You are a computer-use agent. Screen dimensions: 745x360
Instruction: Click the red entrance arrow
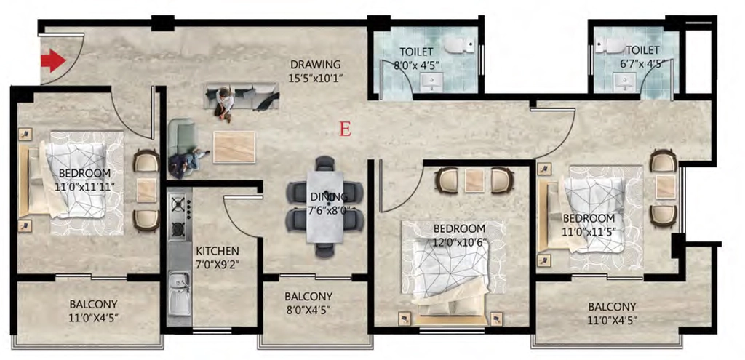tap(52, 61)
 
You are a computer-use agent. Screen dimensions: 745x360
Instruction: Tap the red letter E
tap(346, 129)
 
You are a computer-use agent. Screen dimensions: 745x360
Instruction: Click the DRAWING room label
tap(316, 64)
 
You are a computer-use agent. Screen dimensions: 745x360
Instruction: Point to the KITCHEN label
tap(218, 250)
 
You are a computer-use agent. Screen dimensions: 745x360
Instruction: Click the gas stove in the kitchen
tap(180, 216)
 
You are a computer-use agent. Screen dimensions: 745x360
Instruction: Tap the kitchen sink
tap(179, 294)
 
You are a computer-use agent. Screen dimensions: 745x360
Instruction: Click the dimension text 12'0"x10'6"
tap(460, 241)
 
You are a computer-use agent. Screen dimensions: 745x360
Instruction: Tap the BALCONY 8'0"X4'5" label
tap(308, 303)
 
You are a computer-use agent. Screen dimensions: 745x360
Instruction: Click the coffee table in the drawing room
tap(234, 147)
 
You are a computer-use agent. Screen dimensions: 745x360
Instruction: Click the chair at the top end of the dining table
tap(325, 164)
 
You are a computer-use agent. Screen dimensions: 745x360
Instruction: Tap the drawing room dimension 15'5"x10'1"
tap(316, 76)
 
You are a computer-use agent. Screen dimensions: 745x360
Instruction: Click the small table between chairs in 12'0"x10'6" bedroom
tap(474, 180)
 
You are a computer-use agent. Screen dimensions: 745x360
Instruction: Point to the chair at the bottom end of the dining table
tap(325, 249)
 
